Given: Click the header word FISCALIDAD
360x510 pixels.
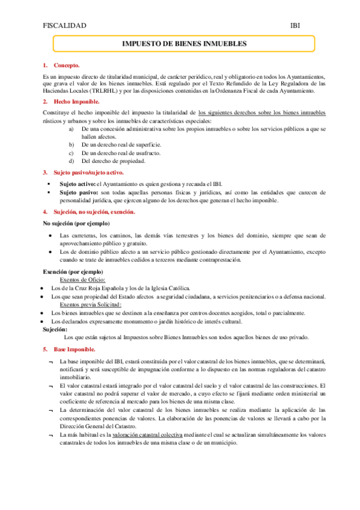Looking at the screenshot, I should click(65, 25).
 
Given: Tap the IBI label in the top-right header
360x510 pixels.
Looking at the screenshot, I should click(296, 25).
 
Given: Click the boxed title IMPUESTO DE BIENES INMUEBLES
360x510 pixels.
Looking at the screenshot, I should click(185, 45).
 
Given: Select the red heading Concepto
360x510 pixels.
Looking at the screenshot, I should click(67, 65).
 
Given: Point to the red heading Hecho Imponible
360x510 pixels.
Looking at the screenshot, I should click(76, 102).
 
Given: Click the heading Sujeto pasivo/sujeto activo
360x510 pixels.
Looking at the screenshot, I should click(89, 172).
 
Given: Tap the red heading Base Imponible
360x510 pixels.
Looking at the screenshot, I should click(75, 349).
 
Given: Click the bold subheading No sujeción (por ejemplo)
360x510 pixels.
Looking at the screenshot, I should click(76, 223).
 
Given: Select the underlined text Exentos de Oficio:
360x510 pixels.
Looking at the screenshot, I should click(84, 280).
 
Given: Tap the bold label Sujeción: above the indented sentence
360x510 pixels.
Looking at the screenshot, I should click(55, 329).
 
